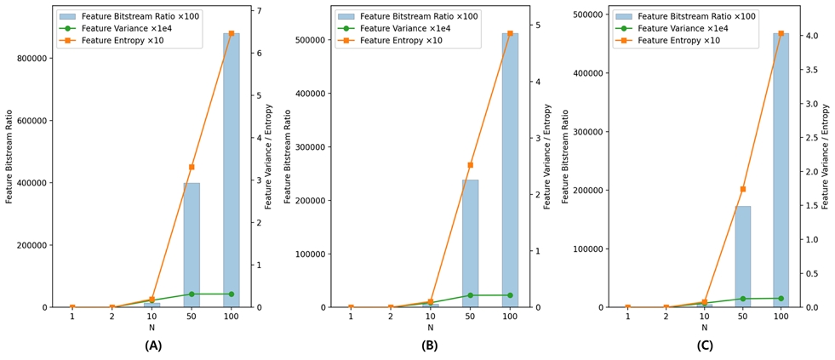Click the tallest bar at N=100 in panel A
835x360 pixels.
tap(231, 170)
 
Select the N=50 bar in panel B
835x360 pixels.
tap(470, 243)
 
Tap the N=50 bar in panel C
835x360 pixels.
tap(743, 256)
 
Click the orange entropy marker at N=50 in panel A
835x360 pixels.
tap(192, 167)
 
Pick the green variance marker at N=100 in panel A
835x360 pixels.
tap(231, 294)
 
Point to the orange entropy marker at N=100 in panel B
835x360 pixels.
tap(510, 34)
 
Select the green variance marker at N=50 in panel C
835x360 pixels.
tap(743, 299)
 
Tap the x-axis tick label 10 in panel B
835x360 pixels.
tap(430, 317)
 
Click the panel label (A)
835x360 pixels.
tap(153, 346)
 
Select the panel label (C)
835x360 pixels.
tap(705, 346)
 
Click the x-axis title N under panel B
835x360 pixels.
tap(430, 328)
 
